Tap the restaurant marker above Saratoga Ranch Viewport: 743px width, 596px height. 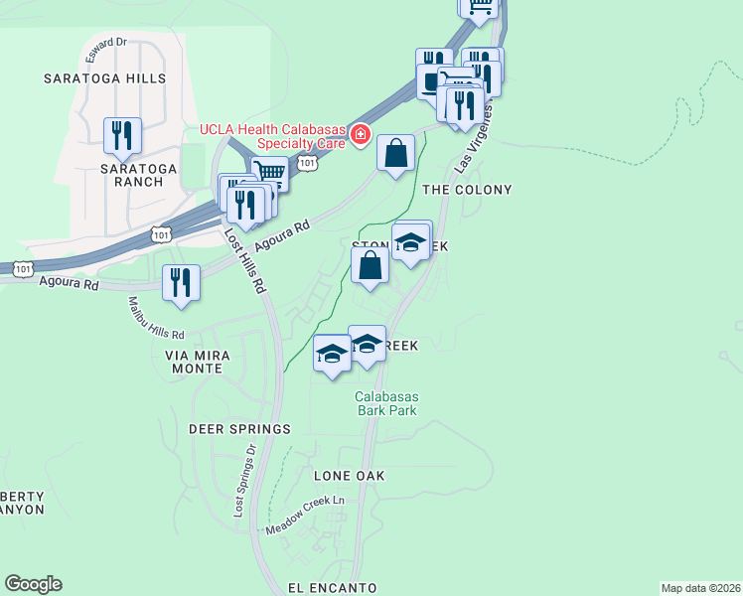123,135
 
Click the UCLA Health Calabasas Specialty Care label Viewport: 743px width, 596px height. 273,135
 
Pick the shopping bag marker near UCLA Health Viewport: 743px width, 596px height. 395,154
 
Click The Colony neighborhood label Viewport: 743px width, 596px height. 468,190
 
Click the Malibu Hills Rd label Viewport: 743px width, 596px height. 157,318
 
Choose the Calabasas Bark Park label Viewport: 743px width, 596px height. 386,403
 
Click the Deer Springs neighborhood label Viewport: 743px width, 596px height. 239,429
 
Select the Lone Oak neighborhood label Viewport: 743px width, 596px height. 349,477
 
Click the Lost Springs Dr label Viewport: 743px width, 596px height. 244,480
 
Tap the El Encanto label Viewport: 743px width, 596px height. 333,588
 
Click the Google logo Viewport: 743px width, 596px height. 33,584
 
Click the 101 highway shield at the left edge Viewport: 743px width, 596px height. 24,268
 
